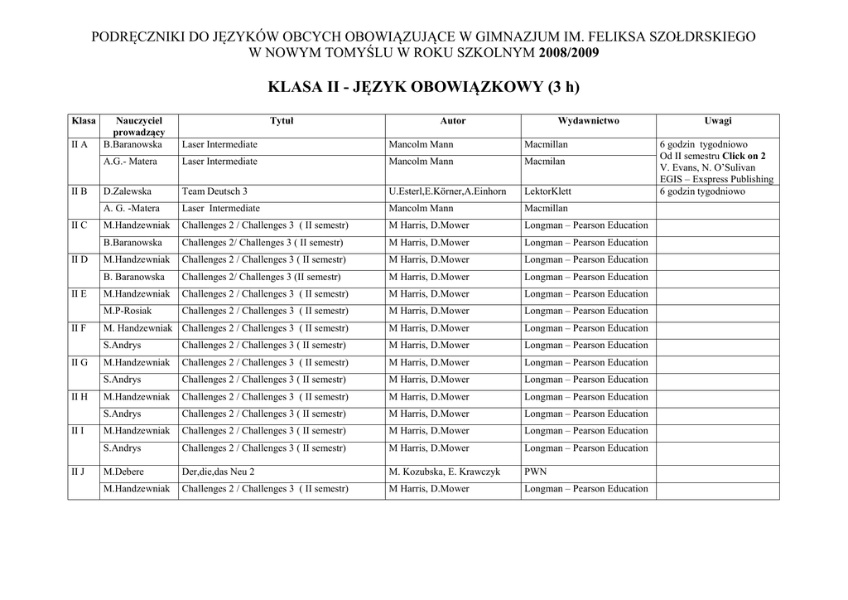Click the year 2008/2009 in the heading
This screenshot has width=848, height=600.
[569, 53]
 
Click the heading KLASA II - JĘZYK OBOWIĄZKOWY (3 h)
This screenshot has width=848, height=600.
[424, 88]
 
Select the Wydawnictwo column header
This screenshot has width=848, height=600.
[588, 121]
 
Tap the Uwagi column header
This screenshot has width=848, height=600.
[717, 121]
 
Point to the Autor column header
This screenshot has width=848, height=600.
[453, 121]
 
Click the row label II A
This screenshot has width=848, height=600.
[79, 145]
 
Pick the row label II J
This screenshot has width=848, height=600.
[79, 472]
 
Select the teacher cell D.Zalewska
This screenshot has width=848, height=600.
[128, 191]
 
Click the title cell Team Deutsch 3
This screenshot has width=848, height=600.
[214, 191]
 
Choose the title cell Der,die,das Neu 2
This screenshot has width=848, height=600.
[219, 472]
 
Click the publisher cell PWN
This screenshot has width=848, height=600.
[535, 472]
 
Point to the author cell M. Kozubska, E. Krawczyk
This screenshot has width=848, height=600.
[444, 472]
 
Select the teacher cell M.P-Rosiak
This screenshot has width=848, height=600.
[128, 312]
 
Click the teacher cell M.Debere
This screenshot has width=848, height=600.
[123, 472]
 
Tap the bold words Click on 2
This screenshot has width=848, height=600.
[744, 156]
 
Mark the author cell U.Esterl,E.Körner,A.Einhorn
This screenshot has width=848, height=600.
[447, 191]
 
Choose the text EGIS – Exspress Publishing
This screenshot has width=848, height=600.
[716, 179]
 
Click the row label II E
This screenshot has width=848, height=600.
[79, 294]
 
